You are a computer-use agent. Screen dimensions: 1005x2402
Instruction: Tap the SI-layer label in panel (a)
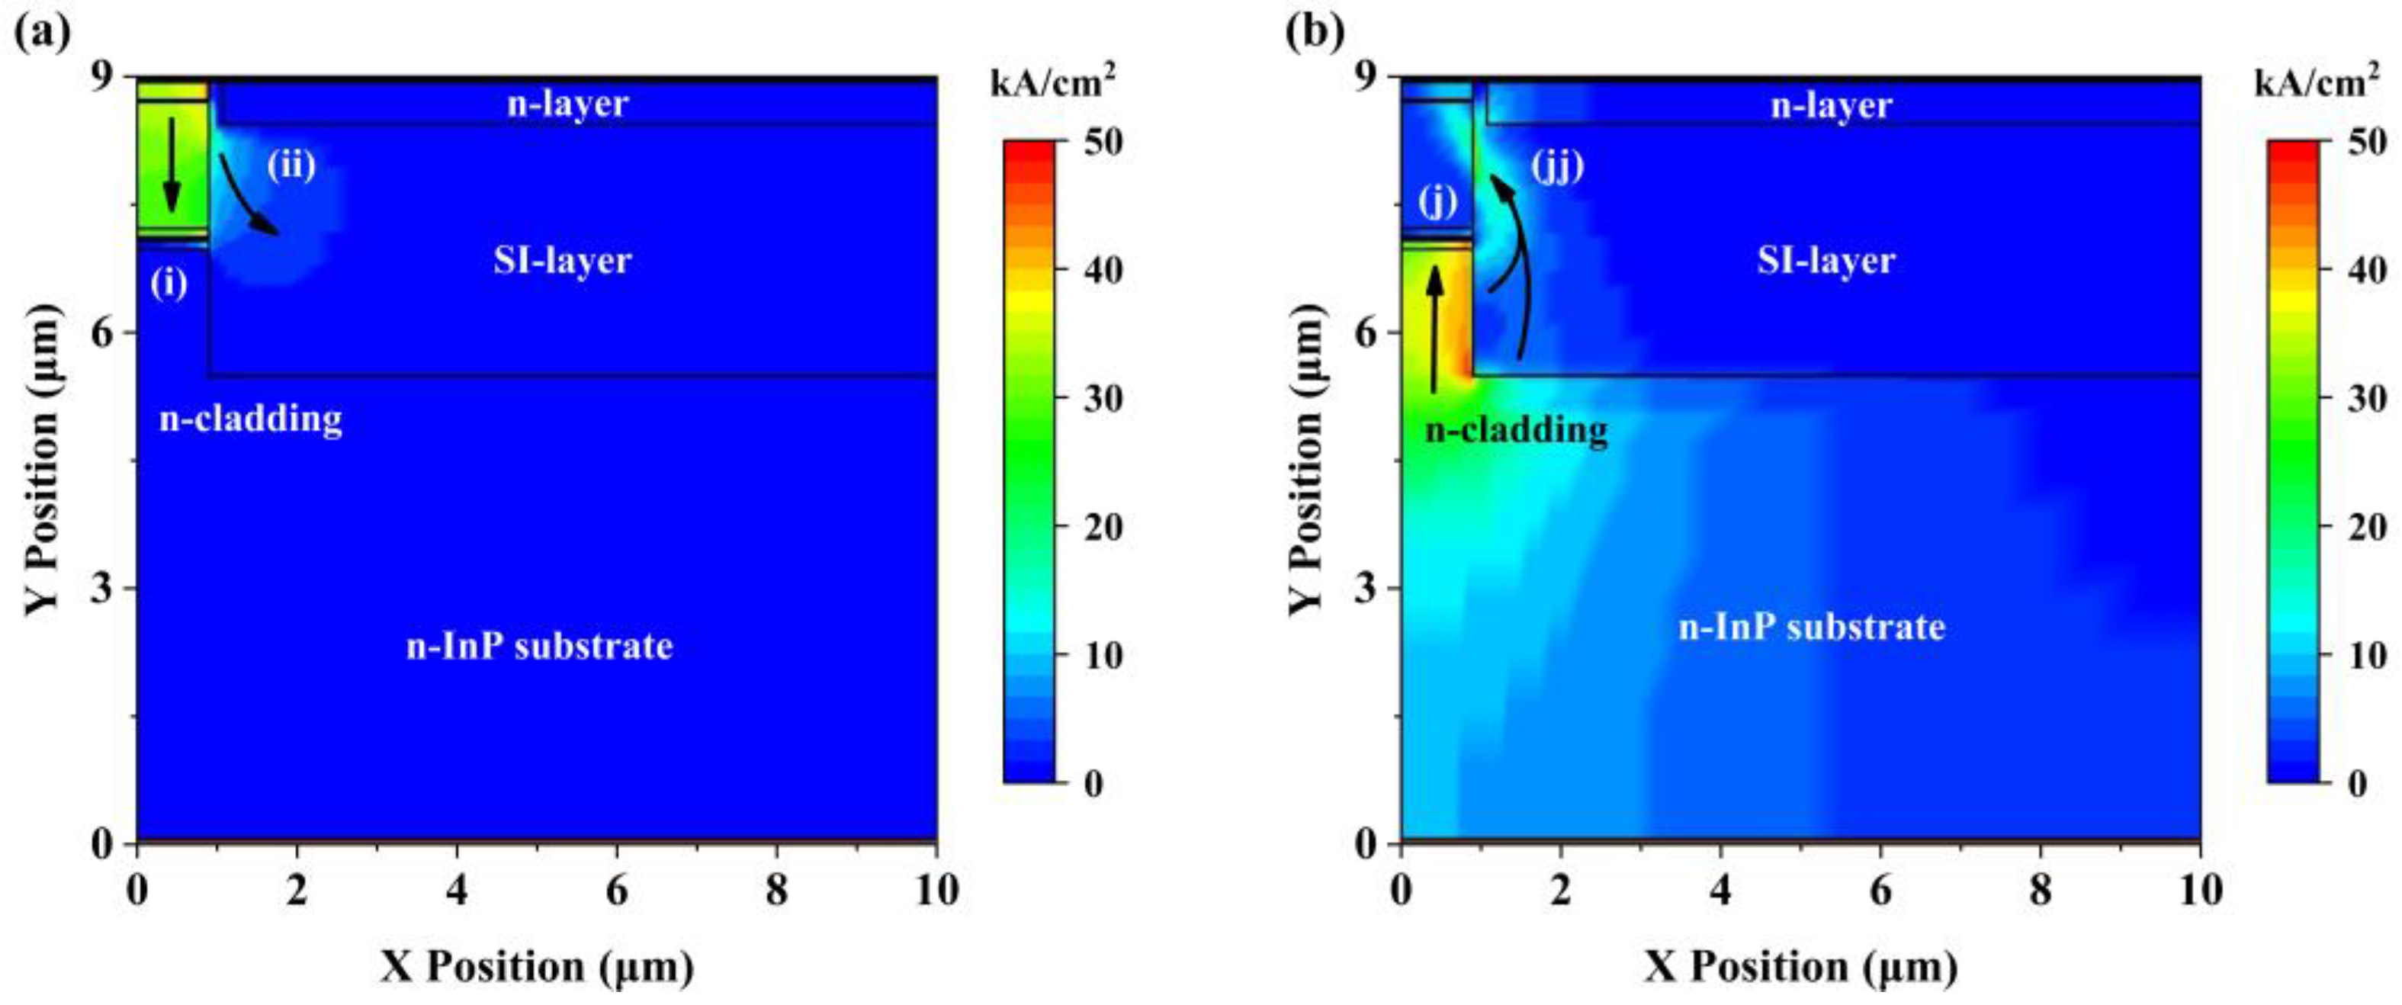(562, 260)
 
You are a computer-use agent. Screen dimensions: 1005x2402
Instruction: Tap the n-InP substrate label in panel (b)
(1811, 627)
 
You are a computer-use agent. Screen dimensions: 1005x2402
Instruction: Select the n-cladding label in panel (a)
(251, 419)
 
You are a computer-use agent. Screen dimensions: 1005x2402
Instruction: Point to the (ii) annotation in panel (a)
(291, 166)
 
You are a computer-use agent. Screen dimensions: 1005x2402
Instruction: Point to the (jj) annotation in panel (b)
(1557, 168)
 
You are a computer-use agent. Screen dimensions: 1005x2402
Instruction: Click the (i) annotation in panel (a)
(169, 282)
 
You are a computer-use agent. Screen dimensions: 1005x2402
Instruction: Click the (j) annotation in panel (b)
(1437, 201)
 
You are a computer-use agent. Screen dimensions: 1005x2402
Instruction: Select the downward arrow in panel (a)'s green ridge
(171, 164)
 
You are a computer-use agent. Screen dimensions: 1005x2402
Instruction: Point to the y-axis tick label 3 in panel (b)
(1364, 588)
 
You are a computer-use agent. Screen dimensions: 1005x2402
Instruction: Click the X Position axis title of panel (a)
(536, 967)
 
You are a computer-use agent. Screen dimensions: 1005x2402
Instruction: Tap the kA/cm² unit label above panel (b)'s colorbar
(2317, 83)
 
